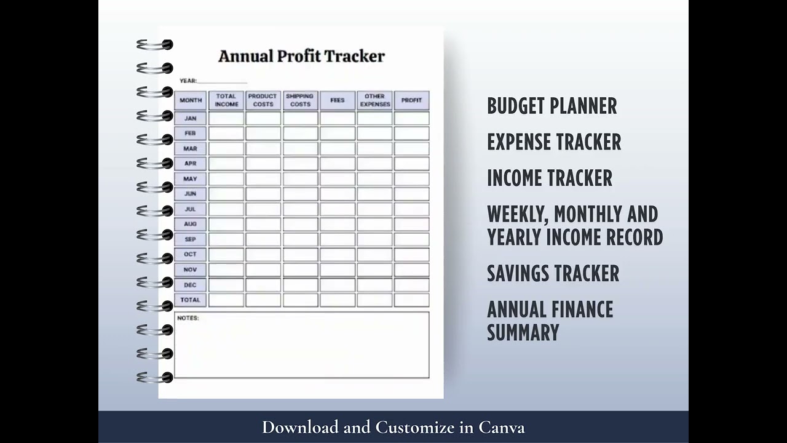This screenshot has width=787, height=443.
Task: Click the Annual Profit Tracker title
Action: click(301, 56)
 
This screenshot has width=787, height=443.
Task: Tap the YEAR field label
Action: click(188, 81)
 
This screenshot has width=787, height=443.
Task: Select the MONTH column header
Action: click(191, 100)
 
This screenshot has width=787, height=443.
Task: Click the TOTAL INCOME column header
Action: click(226, 100)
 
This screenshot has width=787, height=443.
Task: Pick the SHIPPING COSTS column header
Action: click(300, 100)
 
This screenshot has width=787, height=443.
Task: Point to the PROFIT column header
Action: click(411, 100)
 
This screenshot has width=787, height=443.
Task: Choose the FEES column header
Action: click(337, 100)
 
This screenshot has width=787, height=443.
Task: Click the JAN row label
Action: click(191, 118)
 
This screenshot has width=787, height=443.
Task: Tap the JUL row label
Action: click(191, 209)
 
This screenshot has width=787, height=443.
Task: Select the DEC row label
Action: click(191, 285)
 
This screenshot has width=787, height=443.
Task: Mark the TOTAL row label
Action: click(191, 300)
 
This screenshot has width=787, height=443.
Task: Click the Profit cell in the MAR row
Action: click(411, 148)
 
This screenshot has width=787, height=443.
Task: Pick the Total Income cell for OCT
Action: click(226, 255)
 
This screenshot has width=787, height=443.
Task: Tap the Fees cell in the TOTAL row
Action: click(337, 300)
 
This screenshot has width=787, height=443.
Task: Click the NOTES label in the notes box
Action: click(188, 318)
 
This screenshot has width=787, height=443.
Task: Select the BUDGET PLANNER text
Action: click(552, 106)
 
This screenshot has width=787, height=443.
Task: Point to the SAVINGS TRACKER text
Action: click(553, 273)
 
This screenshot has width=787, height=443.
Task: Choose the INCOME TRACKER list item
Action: click(549, 178)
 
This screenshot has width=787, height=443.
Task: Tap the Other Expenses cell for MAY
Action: click(374, 179)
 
